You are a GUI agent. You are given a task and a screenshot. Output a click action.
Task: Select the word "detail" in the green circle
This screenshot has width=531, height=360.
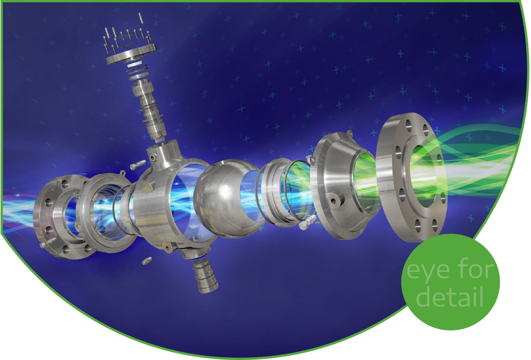click(x=450, y=296)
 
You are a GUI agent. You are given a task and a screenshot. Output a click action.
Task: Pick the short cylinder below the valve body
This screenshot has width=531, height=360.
click(x=205, y=275)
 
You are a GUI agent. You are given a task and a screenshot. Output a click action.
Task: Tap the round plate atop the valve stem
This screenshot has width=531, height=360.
click(x=131, y=55)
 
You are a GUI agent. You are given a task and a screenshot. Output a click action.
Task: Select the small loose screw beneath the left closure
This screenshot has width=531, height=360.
click(x=147, y=261)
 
